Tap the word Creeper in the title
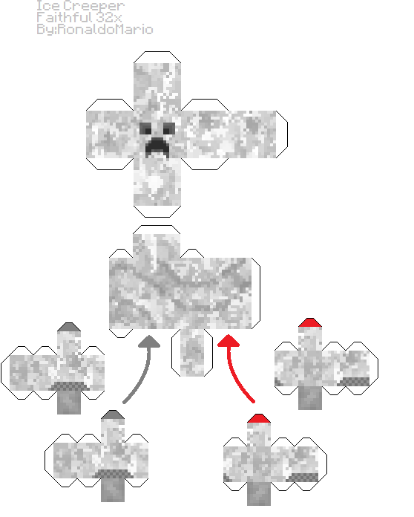pos(94,7)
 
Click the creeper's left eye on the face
pos(145,129)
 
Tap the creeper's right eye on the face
pos(169,129)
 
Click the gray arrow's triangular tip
pos(149,342)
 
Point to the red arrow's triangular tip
pos(229,341)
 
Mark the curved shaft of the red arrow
pos(237,376)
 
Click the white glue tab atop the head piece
pos(157,57)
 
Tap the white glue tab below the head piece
pos(157,212)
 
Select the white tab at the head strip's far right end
pos(282,134)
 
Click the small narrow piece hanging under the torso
pos(192,353)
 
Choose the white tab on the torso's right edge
pos(256,293)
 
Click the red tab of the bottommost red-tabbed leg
pos(259,418)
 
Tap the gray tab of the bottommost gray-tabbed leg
pos(113,414)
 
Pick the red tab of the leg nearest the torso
pos(310,322)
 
